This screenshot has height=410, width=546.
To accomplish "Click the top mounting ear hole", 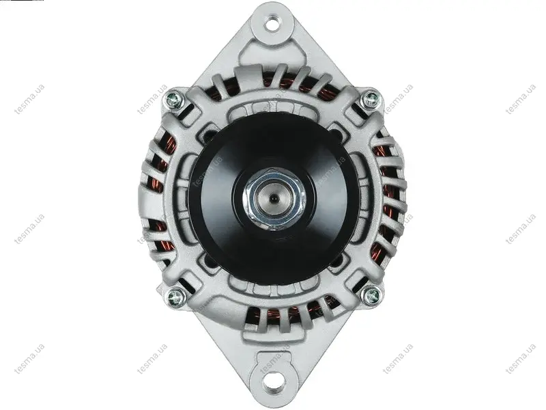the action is pyautogui.click(x=272, y=25).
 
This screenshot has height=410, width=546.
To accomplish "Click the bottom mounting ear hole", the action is pyautogui.click(x=273, y=382).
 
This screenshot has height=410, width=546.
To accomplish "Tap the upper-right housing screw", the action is pyautogui.click(x=371, y=99).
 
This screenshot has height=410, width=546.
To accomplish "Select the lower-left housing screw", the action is pyautogui.click(x=175, y=297).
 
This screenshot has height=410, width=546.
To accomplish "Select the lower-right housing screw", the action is pyautogui.click(x=371, y=296).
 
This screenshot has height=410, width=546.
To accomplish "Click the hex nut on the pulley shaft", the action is pyautogui.click(x=274, y=199).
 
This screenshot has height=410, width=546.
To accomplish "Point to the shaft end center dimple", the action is pyautogui.click(x=274, y=199).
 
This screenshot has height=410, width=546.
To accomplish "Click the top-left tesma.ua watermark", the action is pyautogui.click(x=29, y=99).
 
